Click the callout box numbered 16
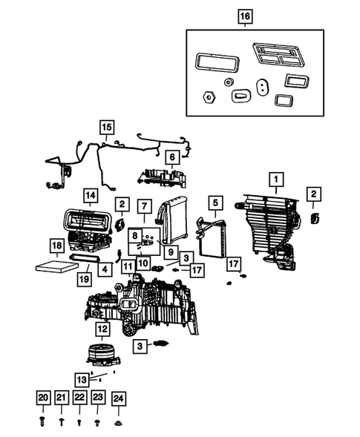246,15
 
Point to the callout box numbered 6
171,157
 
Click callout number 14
90,195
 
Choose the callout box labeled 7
145,206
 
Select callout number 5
215,201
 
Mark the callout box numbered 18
56,246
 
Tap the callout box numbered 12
102,329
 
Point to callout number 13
102,377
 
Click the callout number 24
118,399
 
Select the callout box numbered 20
43,399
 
